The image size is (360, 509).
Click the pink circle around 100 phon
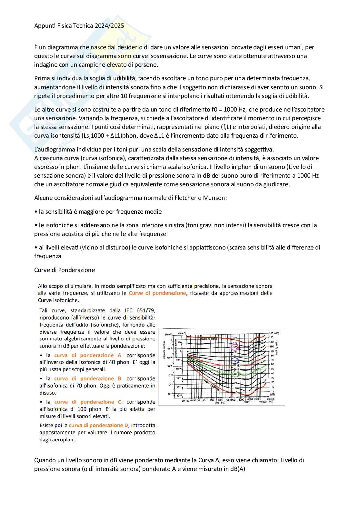point(235,347)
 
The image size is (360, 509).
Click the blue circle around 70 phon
point(235,361)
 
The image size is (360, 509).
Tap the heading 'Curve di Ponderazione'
point(65,270)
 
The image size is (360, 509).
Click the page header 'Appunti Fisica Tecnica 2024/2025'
point(79,26)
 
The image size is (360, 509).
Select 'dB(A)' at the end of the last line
point(237,469)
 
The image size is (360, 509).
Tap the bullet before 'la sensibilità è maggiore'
point(35,212)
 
